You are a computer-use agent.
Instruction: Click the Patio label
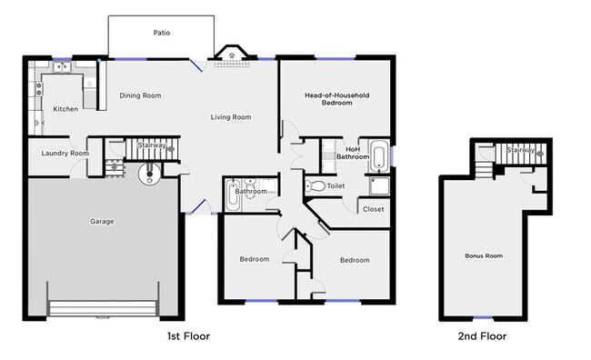[161, 34]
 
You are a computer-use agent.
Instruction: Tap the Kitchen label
[65, 109]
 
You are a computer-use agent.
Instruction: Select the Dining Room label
[141, 95]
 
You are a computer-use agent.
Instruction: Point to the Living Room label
[231, 117]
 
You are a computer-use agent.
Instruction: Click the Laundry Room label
[65, 154]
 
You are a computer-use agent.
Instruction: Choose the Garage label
[102, 221]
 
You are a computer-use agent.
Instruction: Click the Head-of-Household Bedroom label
[336, 99]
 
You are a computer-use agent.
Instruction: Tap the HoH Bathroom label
[352, 152]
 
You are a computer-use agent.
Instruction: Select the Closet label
[373, 209]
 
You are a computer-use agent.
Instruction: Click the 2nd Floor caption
[482, 336]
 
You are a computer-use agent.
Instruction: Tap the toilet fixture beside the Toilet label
[315, 186]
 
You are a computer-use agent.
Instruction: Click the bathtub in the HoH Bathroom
[380, 156]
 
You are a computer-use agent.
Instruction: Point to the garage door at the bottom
[103, 310]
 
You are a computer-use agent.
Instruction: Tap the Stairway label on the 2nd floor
[520, 150]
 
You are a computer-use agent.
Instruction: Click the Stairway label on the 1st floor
[151, 145]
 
